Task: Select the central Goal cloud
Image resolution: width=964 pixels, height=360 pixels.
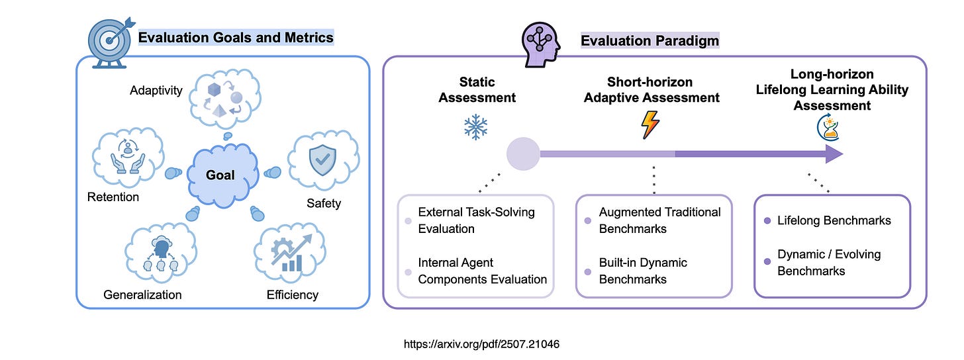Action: point(220,175)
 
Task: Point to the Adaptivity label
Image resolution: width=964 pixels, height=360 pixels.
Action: point(156,90)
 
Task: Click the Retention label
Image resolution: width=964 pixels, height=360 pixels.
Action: point(113,197)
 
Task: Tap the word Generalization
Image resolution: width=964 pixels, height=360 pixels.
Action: point(142,294)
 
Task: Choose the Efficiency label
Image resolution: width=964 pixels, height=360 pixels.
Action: point(292,294)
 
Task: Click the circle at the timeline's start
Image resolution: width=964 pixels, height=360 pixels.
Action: point(523,154)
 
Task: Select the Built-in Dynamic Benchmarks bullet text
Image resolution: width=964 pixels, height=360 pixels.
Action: point(643,271)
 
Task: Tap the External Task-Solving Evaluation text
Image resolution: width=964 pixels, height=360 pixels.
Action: point(476,220)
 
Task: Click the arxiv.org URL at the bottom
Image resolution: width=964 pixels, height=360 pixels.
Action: point(482,344)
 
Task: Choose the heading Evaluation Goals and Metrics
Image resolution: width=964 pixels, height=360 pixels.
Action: point(236,38)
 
